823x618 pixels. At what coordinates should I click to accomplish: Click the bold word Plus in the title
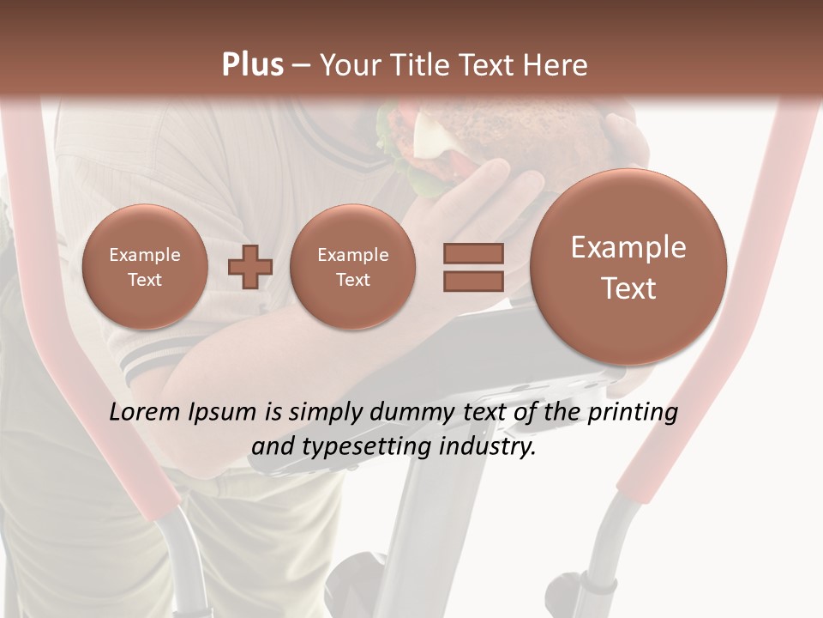252,65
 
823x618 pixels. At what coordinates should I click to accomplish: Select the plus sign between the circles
250,267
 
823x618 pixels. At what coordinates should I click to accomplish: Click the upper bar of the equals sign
472,253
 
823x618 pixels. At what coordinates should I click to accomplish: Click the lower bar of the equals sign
472,282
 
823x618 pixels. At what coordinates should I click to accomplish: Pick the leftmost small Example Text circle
145,267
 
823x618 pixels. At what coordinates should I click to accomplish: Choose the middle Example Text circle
352,267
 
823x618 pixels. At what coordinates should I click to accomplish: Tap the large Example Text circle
628,267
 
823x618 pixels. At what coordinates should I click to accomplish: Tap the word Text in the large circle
628,289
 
